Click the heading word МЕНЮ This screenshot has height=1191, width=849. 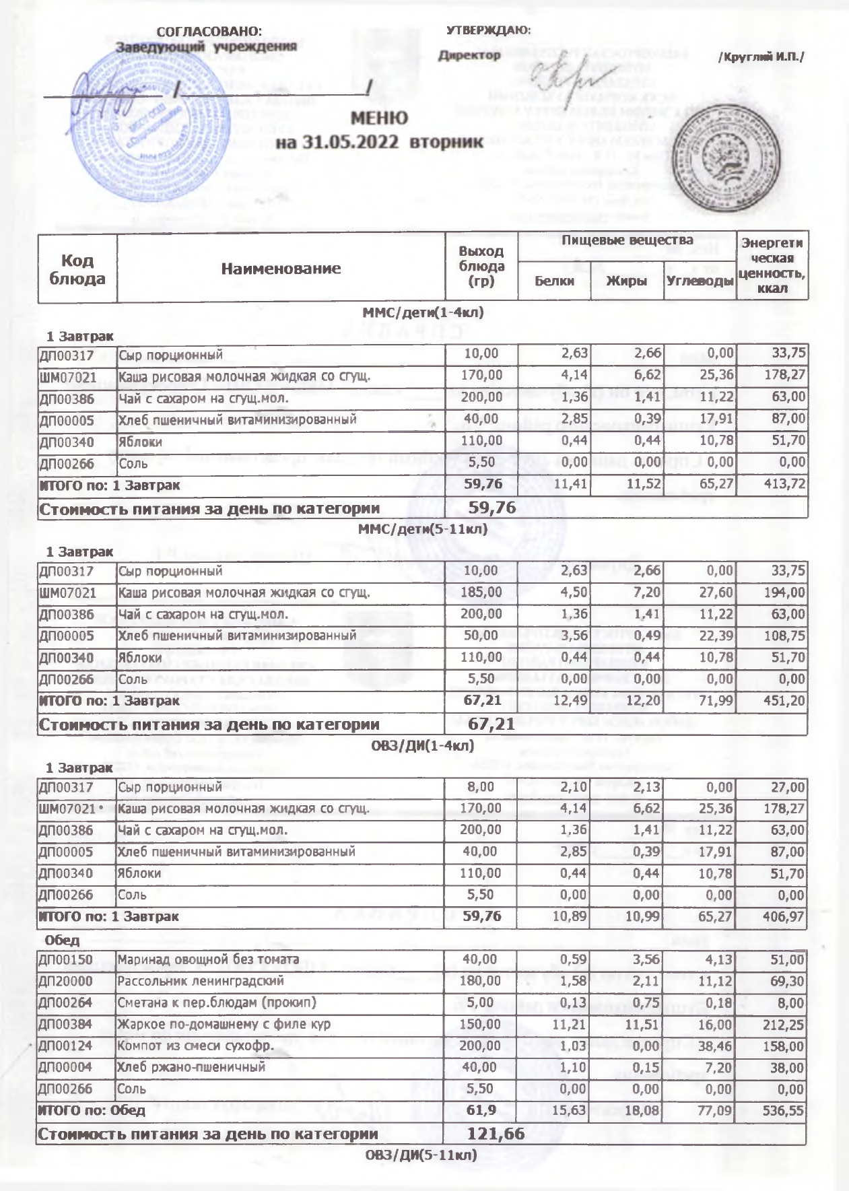point(379,118)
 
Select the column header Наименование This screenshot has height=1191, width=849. point(281,269)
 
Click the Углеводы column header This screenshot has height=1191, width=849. point(699,281)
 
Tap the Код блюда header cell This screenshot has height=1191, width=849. point(77,269)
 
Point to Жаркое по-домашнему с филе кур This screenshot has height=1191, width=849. point(224,1025)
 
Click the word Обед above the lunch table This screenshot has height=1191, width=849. point(62,940)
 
